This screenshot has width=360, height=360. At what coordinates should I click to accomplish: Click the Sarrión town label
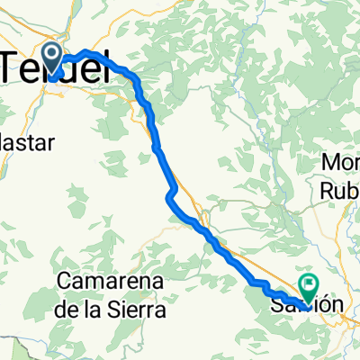(305, 305)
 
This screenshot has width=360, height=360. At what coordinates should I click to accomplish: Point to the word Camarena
(111, 282)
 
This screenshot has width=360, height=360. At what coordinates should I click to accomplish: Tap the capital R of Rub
(328, 192)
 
